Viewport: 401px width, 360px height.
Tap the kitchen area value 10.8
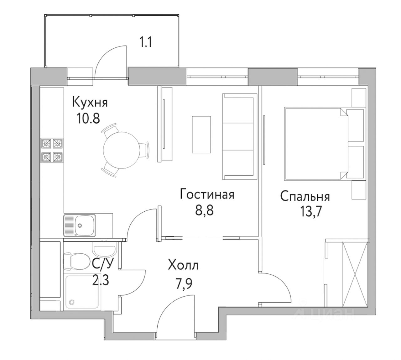click(88, 119)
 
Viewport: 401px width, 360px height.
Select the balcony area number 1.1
click(146, 42)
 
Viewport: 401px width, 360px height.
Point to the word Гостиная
click(207, 194)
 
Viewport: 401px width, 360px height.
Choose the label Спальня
click(305, 196)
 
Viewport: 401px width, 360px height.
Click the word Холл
click(183, 266)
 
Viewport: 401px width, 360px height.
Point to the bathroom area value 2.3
click(101, 281)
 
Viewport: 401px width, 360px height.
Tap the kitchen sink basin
click(85, 225)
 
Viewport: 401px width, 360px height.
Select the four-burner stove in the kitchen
click(52, 150)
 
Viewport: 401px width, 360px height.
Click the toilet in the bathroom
click(76, 261)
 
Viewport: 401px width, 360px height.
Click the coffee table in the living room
click(201, 135)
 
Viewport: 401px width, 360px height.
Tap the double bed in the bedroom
click(325, 144)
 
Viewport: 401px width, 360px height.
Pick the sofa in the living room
click(238, 136)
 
